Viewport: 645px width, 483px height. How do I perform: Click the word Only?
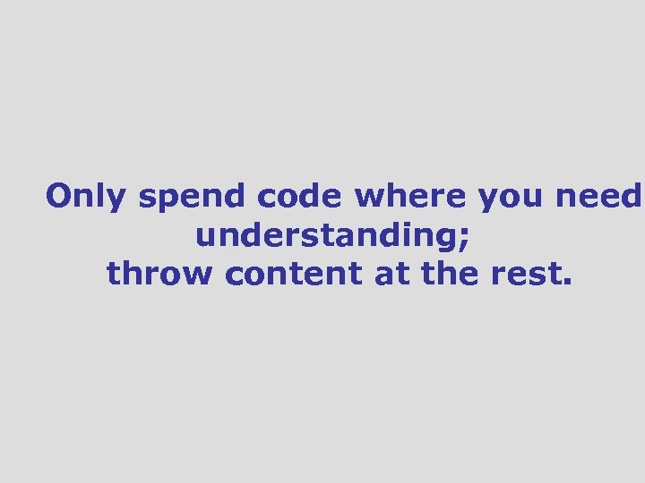click(86, 196)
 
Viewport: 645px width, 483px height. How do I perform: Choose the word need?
click(598, 196)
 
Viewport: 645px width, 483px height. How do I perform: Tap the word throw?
click(161, 274)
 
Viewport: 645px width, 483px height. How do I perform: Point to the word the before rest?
click(451, 274)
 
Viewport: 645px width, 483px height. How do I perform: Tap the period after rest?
click(564, 283)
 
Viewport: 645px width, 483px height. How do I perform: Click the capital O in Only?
click(59, 196)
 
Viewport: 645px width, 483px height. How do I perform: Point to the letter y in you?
click(487, 200)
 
